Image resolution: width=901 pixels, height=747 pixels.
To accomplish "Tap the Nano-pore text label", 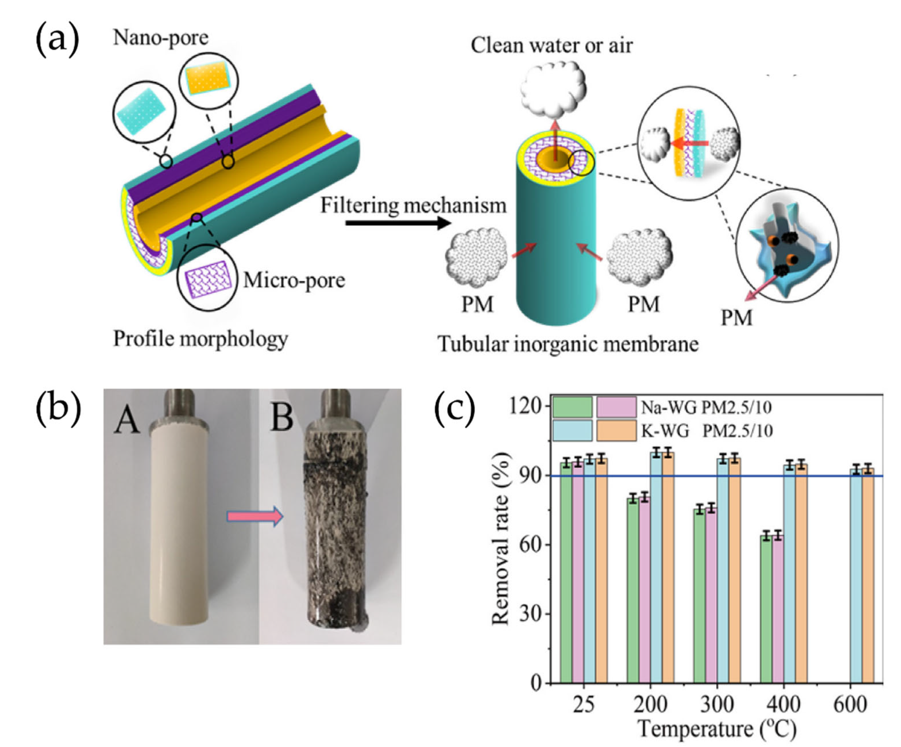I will (x=161, y=38).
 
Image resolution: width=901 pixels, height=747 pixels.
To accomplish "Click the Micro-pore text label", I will (x=294, y=280).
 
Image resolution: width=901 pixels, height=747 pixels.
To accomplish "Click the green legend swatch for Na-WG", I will (x=572, y=407).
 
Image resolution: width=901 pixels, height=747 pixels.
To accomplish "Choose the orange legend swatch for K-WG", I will (x=616, y=431).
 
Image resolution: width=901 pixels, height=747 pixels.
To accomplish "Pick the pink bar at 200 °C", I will (x=645, y=590).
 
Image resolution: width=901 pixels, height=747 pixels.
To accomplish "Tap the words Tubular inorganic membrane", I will (x=568, y=344).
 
